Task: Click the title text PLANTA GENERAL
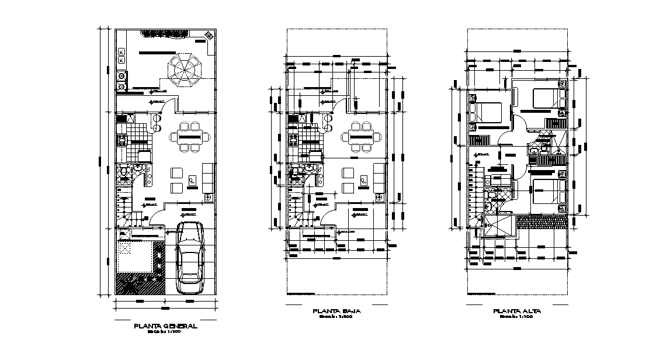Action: [x=165, y=326]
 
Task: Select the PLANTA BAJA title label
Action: [x=336, y=311]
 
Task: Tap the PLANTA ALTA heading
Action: [x=517, y=311]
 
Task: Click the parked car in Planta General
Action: [x=190, y=257]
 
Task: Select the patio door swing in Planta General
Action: [x=169, y=106]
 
